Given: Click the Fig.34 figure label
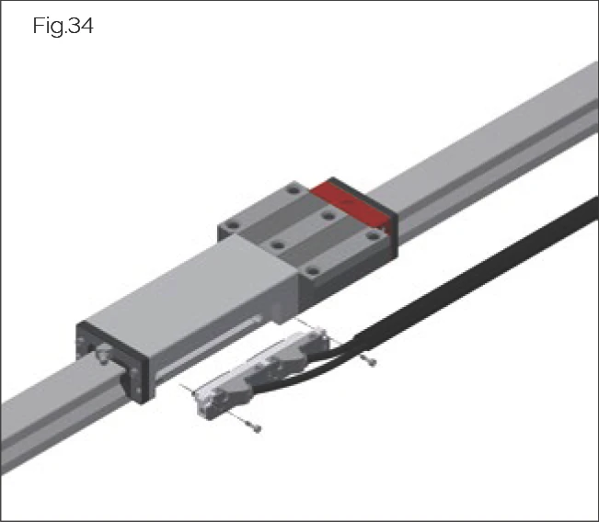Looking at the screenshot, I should click(x=63, y=27).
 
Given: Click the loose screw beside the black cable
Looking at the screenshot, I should click(x=370, y=361).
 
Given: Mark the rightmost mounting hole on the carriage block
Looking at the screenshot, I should click(x=372, y=235).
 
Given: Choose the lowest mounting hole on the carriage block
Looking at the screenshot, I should click(x=312, y=270).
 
